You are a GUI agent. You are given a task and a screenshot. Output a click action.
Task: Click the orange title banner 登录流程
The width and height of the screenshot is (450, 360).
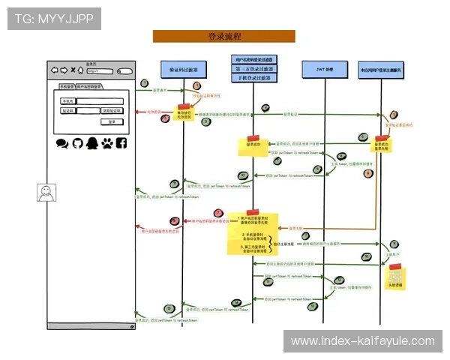point(223,36)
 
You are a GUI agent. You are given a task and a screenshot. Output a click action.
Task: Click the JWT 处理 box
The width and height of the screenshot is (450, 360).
point(323,70)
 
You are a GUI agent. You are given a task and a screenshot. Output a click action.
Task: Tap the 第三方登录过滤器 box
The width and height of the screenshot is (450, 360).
point(253,68)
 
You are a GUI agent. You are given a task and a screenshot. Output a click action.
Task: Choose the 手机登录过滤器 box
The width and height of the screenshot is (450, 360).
point(253,78)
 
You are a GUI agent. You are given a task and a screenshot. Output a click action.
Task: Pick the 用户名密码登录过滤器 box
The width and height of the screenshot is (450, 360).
point(253,58)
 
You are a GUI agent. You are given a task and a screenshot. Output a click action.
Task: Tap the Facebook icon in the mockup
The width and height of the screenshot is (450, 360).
point(121,142)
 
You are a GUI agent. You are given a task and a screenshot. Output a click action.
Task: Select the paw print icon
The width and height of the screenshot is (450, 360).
point(106,142)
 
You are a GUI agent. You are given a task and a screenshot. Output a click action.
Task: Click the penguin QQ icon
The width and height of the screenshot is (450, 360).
point(91,142)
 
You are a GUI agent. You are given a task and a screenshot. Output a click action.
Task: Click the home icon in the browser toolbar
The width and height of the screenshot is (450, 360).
point(81,70)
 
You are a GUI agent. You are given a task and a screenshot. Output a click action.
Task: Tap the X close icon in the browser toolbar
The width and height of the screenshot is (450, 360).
point(73,70)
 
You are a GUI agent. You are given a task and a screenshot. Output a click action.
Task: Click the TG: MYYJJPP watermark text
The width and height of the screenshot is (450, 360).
point(53,18)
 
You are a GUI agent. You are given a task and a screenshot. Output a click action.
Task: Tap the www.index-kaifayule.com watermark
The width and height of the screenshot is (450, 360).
point(362,341)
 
